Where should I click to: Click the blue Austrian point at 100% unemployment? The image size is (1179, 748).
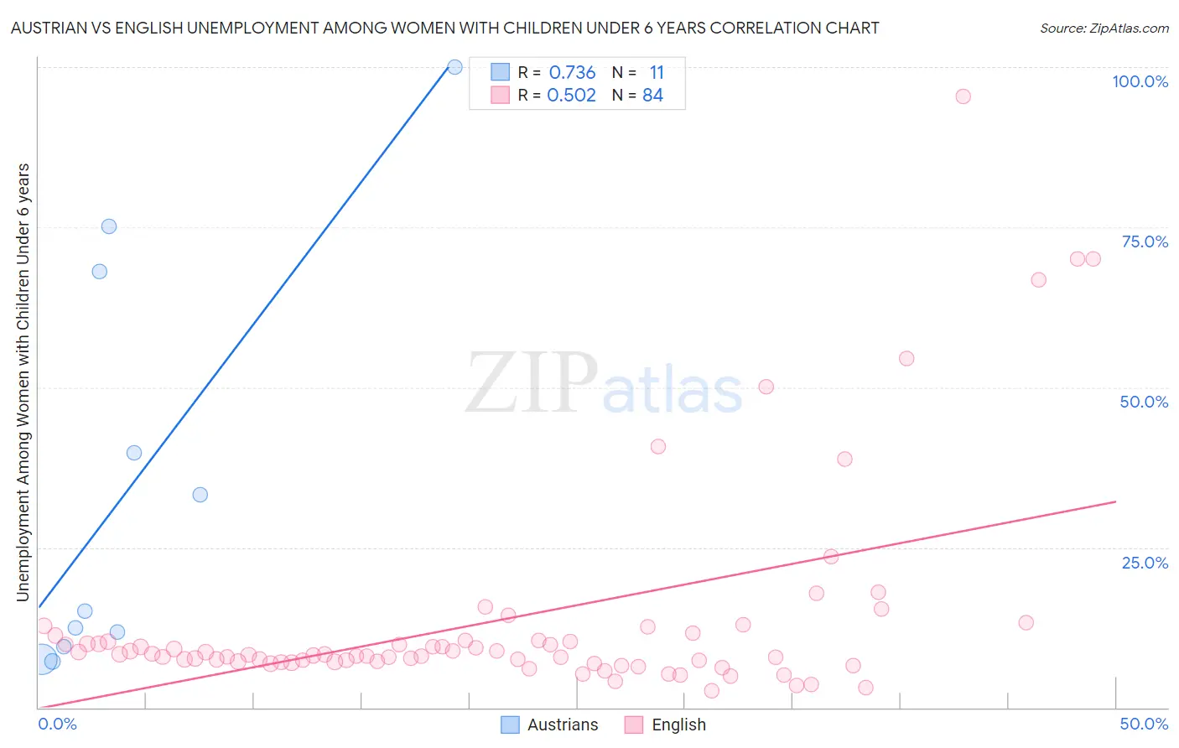tap(454, 67)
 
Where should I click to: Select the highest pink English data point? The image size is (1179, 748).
tap(963, 96)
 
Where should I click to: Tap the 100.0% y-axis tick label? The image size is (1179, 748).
tap(1140, 81)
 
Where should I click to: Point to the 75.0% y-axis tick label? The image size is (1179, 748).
tap(1145, 242)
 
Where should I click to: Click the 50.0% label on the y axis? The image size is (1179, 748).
tap(1144, 402)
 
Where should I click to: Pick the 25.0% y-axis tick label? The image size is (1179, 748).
tap(1145, 563)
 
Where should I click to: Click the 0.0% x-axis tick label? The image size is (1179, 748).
tap(58, 724)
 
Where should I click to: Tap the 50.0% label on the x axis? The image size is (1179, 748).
tap(1144, 724)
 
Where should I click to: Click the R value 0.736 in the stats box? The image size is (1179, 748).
tap(572, 73)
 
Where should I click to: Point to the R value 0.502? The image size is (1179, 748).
tap(571, 96)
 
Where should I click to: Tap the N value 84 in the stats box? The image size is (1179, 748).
tap(652, 96)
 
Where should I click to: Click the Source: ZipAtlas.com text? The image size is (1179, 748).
tap(1104, 29)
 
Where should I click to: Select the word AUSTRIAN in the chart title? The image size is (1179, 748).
tap(49, 29)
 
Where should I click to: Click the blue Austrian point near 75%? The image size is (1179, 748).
tap(109, 226)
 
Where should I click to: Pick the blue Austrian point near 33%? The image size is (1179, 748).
tap(200, 495)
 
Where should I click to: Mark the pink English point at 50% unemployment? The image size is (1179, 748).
tap(766, 387)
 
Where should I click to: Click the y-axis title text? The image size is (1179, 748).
tap(23, 382)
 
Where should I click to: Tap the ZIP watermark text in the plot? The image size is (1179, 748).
tap(532, 382)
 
